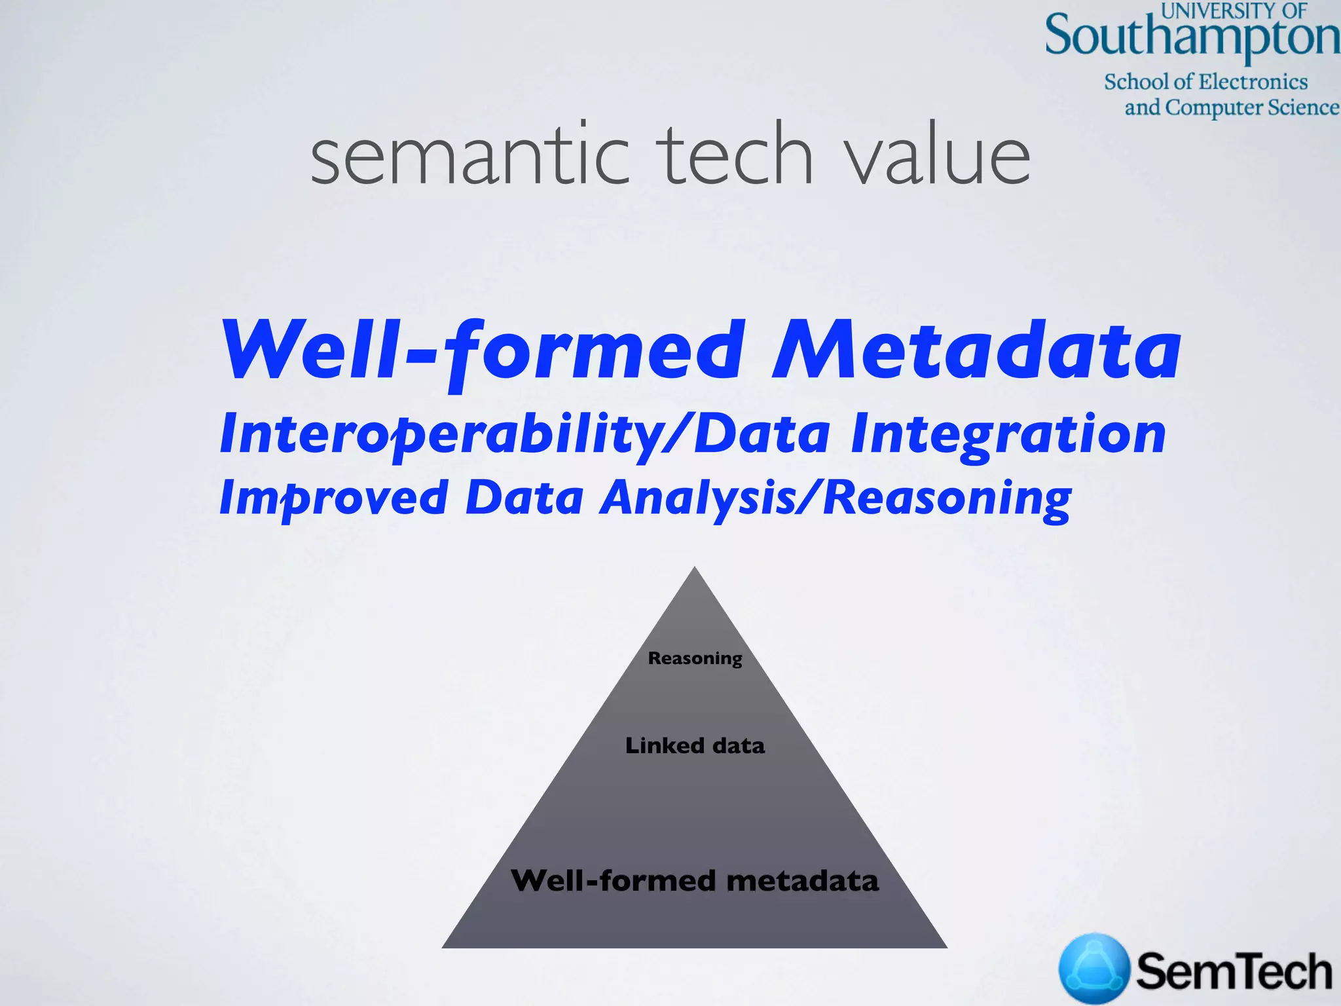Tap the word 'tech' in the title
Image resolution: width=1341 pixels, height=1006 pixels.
click(738, 155)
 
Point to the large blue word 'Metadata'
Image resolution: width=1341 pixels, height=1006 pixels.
click(977, 350)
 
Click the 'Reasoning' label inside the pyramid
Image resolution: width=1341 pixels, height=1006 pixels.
click(695, 659)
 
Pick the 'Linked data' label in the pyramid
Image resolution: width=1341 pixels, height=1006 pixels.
click(695, 746)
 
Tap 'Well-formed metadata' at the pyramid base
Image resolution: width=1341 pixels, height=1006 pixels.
click(695, 881)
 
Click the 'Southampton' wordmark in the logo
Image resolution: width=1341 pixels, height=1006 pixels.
click(1192, 37)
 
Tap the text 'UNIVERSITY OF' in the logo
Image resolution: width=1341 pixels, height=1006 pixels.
click(1234, 10)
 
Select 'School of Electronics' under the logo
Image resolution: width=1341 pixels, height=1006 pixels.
click(1205, 82)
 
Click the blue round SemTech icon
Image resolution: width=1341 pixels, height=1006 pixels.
click(1094, 968)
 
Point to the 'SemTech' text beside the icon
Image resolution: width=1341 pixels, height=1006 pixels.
click(1234, 971)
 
